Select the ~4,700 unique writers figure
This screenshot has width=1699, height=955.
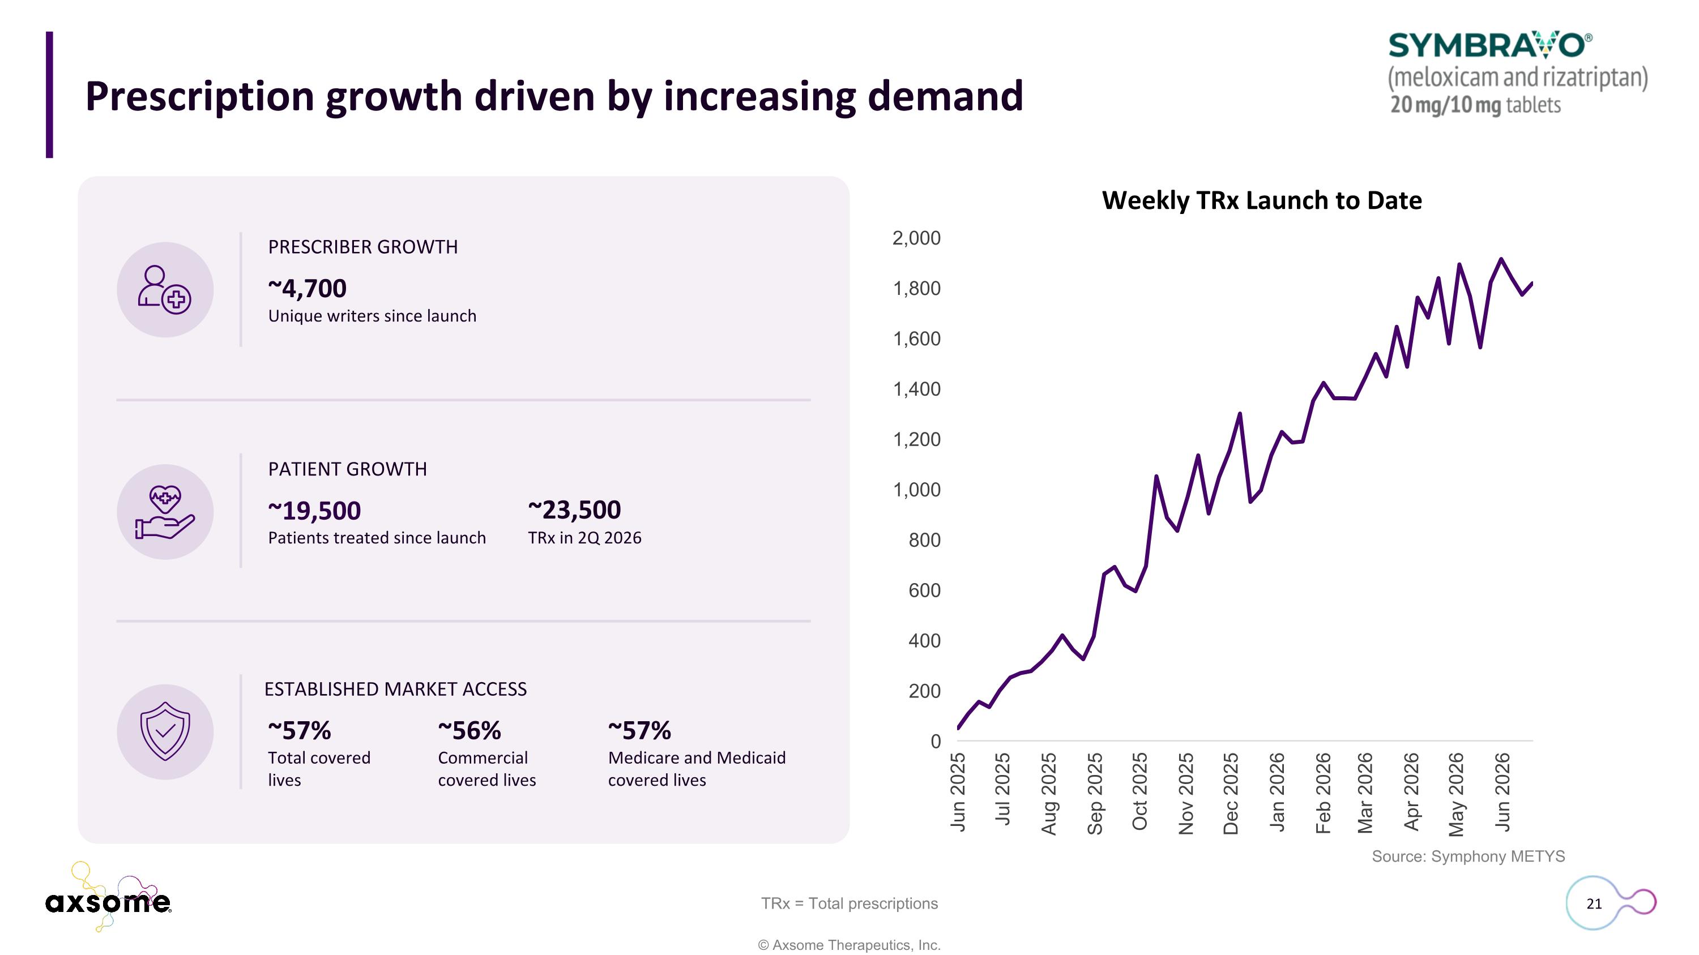(x=307, y=289)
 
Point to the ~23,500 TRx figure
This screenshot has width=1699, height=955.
(x=574, y=509)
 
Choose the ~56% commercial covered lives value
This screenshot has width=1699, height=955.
(x=469, y=730)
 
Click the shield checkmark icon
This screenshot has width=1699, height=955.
(x=165, y=731)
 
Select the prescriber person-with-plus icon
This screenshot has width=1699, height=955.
(x=165, y=290)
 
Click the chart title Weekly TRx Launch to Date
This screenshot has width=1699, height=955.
(x=1262, y=200)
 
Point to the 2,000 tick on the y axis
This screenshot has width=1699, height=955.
(x=916, y=238)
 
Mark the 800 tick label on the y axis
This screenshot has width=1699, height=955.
(x=924, y=540)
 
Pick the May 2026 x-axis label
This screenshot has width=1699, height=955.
(x=1455, y=794)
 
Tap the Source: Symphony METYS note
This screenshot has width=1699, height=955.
(x=1468, y=856)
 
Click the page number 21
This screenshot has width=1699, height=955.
(x=1594, y=903)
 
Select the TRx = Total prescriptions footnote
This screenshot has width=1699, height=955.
(x=849, y=903)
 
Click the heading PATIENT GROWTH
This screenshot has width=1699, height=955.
(x=348, y=469)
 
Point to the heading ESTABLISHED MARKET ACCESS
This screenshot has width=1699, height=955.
(x=396, y=690)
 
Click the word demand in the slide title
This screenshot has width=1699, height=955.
(x=945, y=96)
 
